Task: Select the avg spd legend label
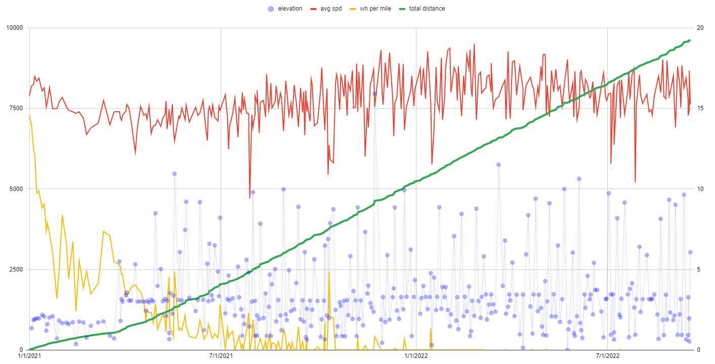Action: [x=331, y=9]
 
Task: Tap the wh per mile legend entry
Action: [x=375, y=9]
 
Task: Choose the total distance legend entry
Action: [x=427, y=9]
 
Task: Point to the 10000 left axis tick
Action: [x=14, y=28]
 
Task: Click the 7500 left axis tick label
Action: [x=16, y=108]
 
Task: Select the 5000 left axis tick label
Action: [x=16, y=189]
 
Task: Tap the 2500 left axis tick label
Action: [x=16, y=269]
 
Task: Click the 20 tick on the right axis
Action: [x=700, y=28]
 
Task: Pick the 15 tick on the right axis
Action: [x=700, y=108]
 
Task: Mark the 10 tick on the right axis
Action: [x=700, y=189]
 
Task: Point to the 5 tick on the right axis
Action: [x=699, y=269]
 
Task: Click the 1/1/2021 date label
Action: [x=29, y=356]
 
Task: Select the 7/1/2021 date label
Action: [x=221, y=356]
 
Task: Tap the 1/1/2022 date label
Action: [x=416, y=356]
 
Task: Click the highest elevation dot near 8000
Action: [x=374, y=94]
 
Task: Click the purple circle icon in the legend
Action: [x=271, y=9]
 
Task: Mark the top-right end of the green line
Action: [x=690, y=40]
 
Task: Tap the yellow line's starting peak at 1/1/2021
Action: [x=29, y=116]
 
